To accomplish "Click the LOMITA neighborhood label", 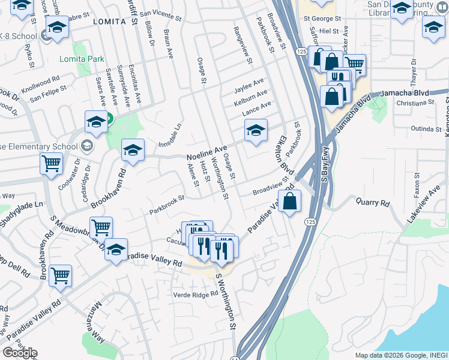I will (x=109, y=22).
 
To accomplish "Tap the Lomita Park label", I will (x=82, y=59).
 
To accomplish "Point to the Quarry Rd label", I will (x=372, y=203).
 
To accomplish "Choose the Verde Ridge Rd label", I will (x=195, y=295).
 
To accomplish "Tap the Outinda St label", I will (x=426, y=128).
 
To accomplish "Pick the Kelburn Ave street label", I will (x=250, y=95).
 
